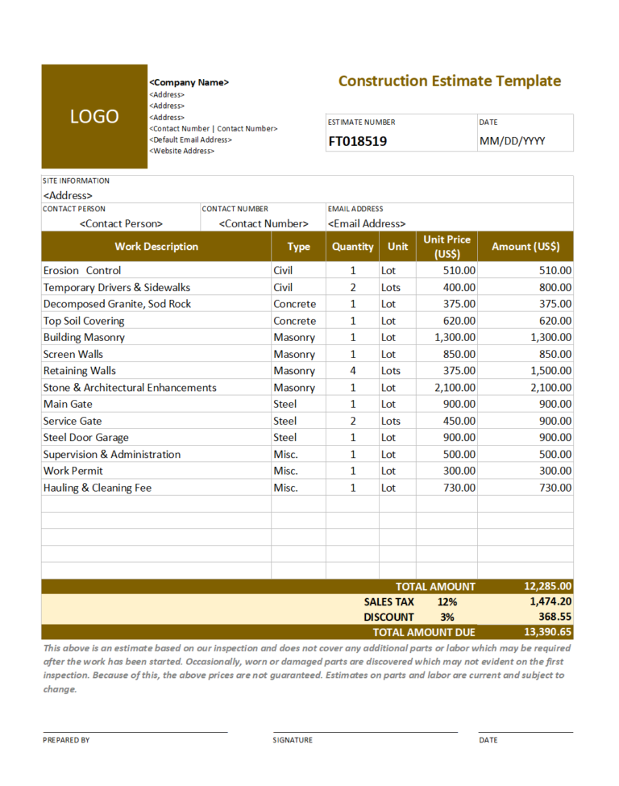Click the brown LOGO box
pos(94,116)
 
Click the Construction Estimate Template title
pos(449,81)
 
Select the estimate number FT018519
pos(357,142)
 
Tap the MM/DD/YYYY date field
pos(512,142)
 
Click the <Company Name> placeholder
pos(189,82)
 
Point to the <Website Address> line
pos(182,151)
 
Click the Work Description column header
pos(156,247)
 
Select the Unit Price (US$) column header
pos(447,247)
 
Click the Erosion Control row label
pos(82,271)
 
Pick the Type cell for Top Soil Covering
pos(294,321)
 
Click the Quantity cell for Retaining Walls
pos(352,371)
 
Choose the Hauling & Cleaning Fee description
pos(97,488)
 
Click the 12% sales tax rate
pos(447,602)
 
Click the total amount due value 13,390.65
pos(547,633)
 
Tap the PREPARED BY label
pos(66,740)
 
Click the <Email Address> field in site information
pos(367,223)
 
